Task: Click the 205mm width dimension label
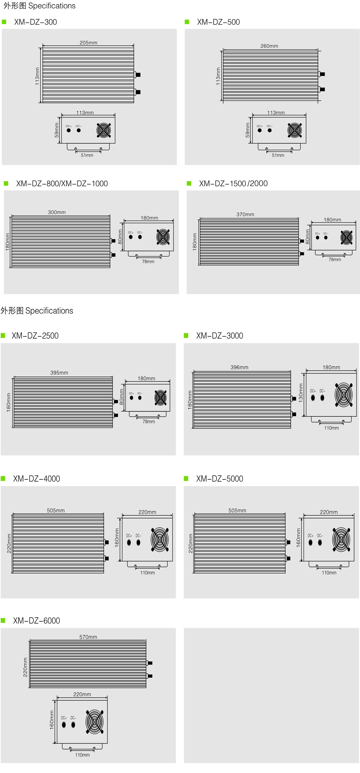tap(88, 43)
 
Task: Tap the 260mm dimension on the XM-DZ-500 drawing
tap(269, 46)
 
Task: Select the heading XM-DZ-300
tap(35, 22)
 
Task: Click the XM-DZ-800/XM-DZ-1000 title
tap(62, 183)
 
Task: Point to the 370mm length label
tap(245, 214)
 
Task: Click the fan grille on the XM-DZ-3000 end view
tap(343, 395)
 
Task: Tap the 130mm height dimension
tap(301, 392)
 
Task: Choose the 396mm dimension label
tap(239, 367)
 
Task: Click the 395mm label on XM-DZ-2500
tap(59, 373)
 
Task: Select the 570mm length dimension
tap(88, 637)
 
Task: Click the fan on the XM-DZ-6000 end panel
tap(94, 722)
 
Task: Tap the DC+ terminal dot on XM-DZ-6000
tap(64, 725)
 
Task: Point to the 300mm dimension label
tap(57, 212)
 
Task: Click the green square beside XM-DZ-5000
tap(186, 479)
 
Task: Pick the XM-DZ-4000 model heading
tap(36, 479)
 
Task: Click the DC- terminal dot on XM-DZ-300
tap(79, 130)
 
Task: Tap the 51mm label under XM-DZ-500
tap(278, 155)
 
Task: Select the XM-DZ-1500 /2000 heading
tap(233, 183)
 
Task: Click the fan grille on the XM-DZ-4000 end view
tap(160, 539)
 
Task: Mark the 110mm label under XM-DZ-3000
tap(331, 428)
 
